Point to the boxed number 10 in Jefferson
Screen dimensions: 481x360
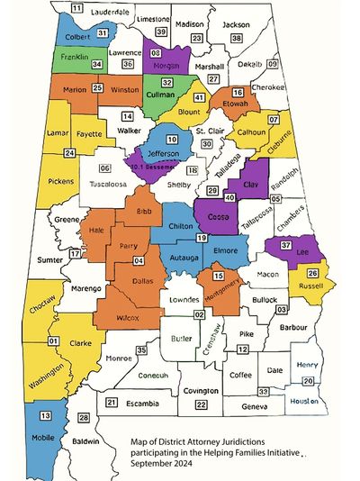coord(171,139)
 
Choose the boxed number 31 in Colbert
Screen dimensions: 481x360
coord(103,32)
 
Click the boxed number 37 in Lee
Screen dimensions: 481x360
coord(286,245)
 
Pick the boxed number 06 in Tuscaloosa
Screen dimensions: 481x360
coord(105,168)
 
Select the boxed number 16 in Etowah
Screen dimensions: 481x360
coord(238,93)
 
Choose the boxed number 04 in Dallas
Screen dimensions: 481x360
coord(138,260)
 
